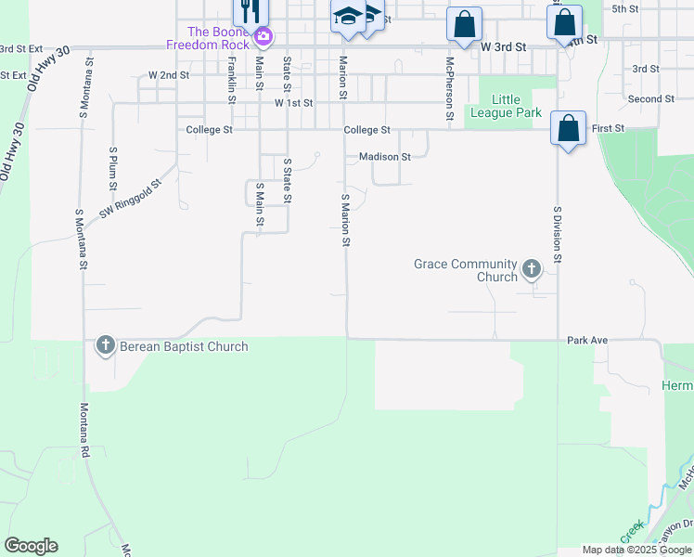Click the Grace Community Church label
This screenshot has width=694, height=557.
[465, 270]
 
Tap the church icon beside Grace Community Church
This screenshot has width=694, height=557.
[532, 269]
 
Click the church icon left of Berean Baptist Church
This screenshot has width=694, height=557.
[105, 346]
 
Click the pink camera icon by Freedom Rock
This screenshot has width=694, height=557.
[264, 38]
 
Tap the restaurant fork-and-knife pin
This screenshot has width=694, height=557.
[248, 11]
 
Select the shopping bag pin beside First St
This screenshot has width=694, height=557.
[568, 128]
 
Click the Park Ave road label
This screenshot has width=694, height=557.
[587, 341]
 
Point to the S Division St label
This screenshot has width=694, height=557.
[558, 235]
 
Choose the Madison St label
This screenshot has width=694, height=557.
[384, 157]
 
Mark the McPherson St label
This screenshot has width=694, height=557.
[449, 80]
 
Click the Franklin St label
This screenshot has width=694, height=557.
[230, 77]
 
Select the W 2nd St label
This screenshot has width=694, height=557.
[169, 74]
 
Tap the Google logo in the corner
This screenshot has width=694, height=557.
[31, 546]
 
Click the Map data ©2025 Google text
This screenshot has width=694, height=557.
[636, 550]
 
